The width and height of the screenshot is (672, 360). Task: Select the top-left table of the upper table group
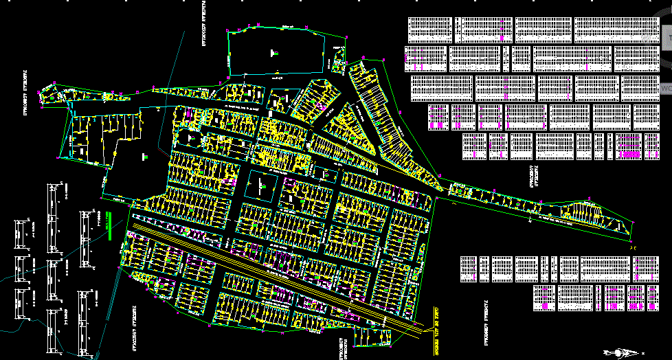(430, 30)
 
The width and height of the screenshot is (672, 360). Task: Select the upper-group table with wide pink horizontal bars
(629, 146)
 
